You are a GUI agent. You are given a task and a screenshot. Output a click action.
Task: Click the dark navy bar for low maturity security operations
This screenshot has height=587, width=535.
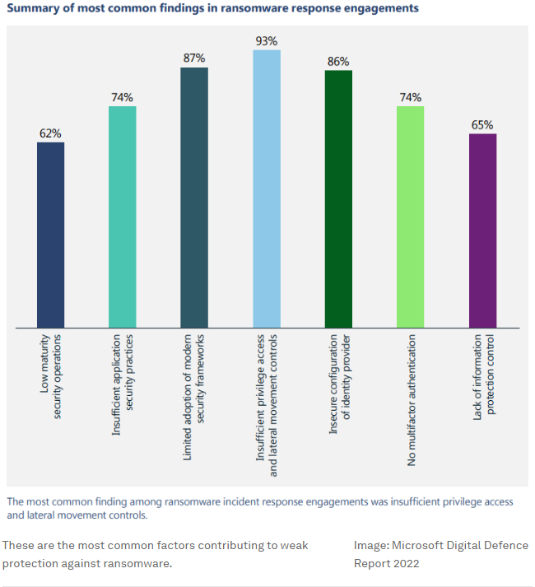[x=50, y=235]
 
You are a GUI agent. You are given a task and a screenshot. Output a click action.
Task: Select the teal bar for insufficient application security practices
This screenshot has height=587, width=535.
[x=122, y=217]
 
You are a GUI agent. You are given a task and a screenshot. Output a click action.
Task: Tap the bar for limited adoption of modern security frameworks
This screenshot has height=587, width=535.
[x=194, y=198]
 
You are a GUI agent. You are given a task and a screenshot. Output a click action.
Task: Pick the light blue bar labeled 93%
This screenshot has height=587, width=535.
[x=267, y=189]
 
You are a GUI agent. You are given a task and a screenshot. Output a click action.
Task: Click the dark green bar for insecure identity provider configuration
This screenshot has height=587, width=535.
[x=338, y=199]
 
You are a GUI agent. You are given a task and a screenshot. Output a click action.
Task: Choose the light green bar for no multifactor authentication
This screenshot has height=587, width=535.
[x=410, y=217]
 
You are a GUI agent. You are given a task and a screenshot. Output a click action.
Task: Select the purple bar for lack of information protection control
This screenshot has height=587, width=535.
[x=482, y=231]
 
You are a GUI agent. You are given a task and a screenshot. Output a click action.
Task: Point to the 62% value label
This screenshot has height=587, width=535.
[x=50, y=133]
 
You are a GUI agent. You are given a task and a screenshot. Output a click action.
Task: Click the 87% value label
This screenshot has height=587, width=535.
[x=194, y=58]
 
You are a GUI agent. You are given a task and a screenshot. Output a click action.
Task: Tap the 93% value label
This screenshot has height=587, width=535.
[x=267, y=40]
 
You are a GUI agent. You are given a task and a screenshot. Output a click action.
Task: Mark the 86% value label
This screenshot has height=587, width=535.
[x=338, y=61]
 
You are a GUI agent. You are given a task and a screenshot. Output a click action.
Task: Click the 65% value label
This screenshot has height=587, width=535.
[x=482, y=125]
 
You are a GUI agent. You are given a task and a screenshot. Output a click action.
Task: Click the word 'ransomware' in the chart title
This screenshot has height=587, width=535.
[x=251, y=8]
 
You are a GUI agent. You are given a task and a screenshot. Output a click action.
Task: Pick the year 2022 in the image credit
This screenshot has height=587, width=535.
[x=403, y=564]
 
